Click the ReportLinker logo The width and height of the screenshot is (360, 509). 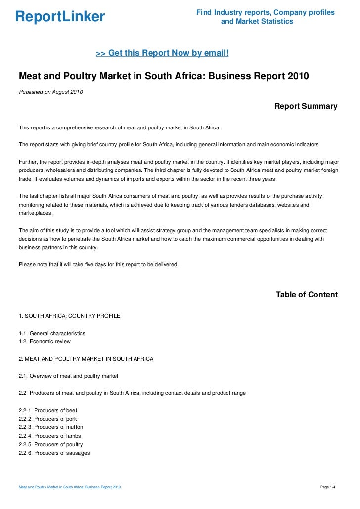(x=60, y=17)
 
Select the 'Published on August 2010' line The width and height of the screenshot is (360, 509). (x=51, y=92)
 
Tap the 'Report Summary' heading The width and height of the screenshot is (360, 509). (x=306, y=106)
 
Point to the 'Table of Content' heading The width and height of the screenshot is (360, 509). (x=307, y=295)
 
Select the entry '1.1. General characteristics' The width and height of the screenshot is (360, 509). (x=52, y=333)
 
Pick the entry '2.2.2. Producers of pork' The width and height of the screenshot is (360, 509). (x=47, y=419)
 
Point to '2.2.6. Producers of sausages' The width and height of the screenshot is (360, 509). (x=54, y=453)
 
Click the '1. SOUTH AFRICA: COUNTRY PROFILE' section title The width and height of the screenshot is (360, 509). (x=69, y=316)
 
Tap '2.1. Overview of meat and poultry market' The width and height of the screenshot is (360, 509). (x=68, y=376)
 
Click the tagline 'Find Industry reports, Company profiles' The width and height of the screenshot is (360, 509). (x=266, y=12)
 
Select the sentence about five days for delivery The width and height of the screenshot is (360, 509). (x=98, y=264)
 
